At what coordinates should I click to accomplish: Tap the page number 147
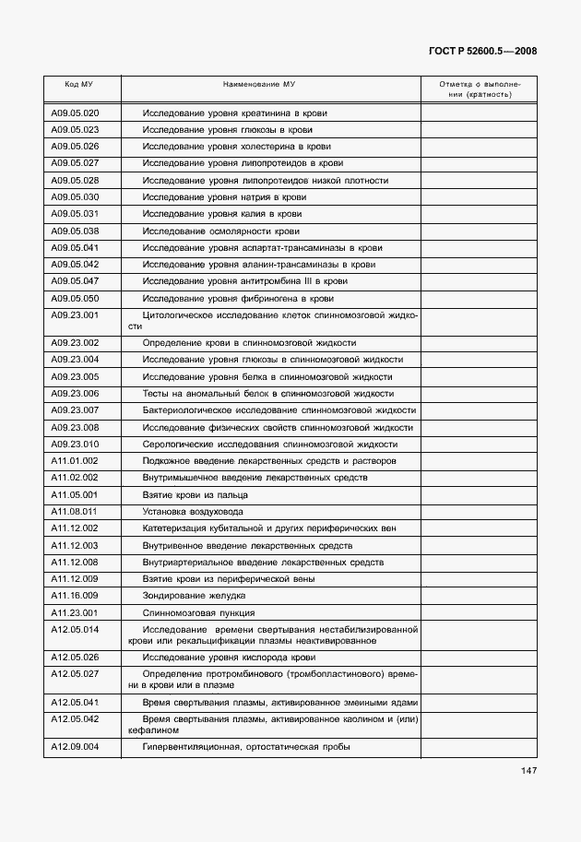528,771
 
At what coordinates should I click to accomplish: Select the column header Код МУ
78,84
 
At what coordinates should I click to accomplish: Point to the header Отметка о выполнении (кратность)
479,89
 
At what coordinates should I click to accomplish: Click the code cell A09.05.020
75,113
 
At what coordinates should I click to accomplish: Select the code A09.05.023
75,130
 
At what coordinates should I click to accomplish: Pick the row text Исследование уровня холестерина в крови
237,147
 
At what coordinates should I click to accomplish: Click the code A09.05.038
75,231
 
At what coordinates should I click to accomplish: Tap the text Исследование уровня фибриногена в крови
238,299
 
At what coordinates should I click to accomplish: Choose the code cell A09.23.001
75,315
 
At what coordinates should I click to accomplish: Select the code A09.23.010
75,444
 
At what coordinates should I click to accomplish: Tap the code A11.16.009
75,596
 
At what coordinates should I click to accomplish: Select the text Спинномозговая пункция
198,612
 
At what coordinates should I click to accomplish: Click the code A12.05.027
75,674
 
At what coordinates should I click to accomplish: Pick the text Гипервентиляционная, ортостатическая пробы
246,747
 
